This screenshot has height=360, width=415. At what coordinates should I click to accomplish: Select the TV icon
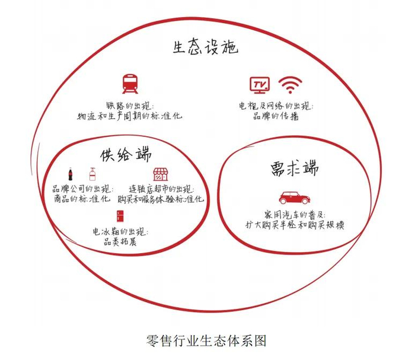259,85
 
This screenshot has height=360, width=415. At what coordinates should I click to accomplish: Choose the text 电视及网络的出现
276,106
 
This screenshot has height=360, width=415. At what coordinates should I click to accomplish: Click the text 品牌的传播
276,117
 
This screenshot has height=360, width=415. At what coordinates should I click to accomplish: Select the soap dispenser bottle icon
92,174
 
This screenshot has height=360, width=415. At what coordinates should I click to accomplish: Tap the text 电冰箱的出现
120,230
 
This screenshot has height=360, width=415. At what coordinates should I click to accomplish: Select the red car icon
292,197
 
